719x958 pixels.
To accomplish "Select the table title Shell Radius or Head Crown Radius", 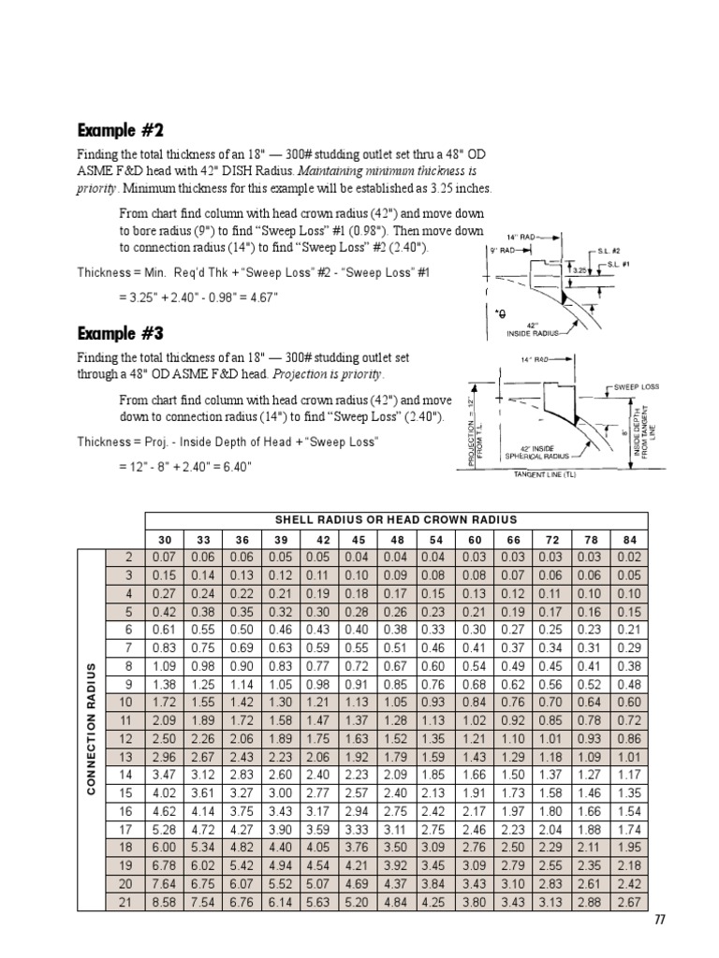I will (395, 519).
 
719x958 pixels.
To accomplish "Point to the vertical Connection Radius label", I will (92, 729).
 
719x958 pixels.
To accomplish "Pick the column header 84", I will (629, 540).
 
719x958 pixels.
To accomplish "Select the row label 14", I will (126, 775).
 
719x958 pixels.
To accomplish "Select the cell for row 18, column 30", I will (166, 849).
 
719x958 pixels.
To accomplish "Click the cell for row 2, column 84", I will (629, 559).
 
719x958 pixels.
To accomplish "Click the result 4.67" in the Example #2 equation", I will (261, 298).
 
